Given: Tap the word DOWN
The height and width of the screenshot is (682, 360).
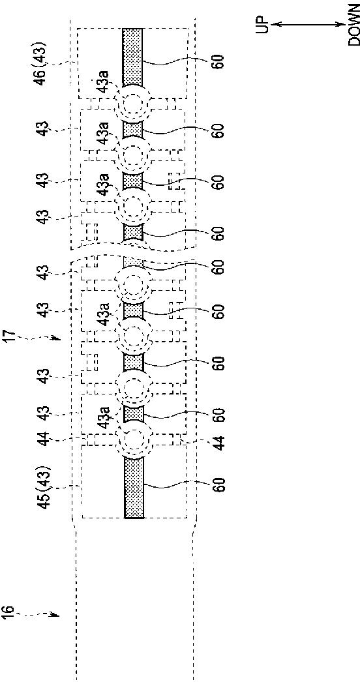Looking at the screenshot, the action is point(354,31).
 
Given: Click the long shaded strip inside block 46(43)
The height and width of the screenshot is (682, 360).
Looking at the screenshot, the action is point(132,57).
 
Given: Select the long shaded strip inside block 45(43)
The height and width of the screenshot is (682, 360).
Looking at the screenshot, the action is point(134,488).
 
